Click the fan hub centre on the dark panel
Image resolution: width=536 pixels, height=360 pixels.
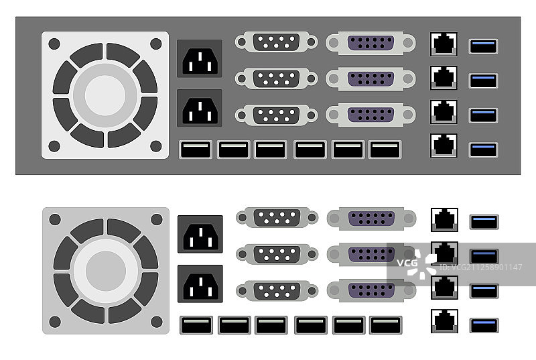[105, 95]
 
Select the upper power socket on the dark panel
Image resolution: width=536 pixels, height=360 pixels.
[200, 58]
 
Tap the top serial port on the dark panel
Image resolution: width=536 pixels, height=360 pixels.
[276, 42]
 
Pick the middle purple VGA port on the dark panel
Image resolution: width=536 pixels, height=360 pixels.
[371, 79]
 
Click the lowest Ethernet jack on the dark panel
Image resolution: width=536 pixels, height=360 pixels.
[444, 145]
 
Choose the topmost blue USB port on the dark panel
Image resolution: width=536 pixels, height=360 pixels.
[483, 46]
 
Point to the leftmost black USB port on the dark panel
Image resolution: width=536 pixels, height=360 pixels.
[196, 149]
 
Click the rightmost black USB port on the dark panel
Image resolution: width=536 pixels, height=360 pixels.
[385, 149]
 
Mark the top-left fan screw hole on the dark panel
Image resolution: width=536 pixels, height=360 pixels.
[54, 44]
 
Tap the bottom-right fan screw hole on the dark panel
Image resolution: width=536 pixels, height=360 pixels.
[156, 146]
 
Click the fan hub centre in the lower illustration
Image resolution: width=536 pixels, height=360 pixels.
[106, 271]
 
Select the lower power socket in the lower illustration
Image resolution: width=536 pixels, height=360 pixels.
[200, 284]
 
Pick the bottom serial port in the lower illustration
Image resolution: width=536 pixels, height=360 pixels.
[277, 291]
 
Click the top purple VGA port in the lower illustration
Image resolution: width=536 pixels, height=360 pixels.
[372, 219]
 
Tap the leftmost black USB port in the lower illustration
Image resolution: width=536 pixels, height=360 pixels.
[196, 325]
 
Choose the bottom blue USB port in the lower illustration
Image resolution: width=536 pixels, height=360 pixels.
[484, 325]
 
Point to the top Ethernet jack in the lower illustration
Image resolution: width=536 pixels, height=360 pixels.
[444, 219]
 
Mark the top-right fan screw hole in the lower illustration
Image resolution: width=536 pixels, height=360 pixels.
[157, 219]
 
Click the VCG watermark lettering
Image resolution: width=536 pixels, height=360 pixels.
[407, 263]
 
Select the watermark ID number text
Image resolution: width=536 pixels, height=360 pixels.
[480, 267]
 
